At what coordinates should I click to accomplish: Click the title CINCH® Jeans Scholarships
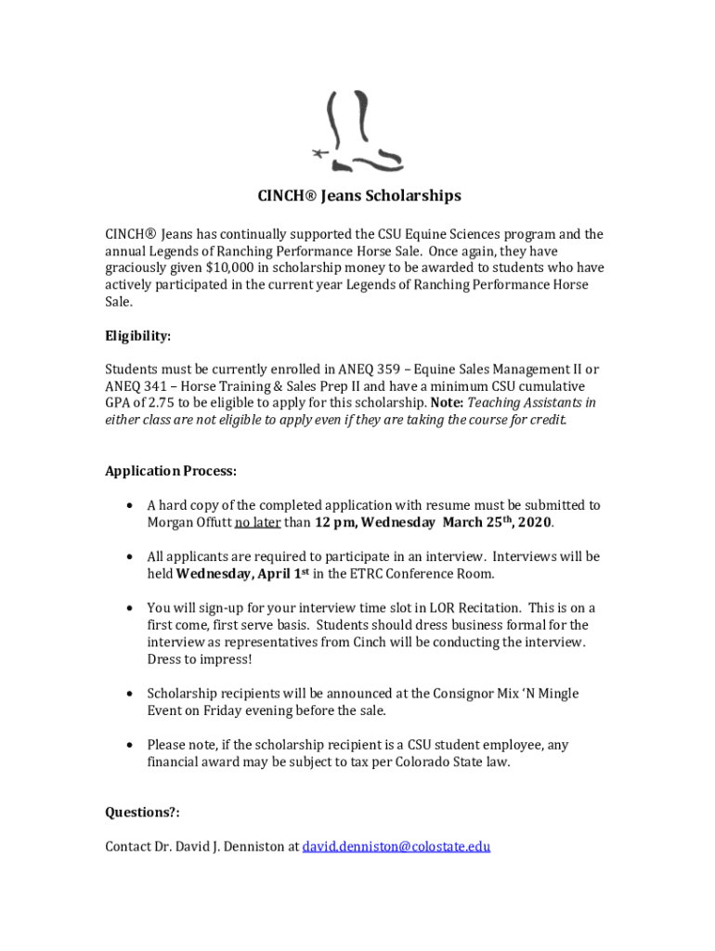click(x=358, y=197)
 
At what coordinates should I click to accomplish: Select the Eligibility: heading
click(x=137, y=336)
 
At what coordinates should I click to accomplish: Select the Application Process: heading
click(x=170, y=471)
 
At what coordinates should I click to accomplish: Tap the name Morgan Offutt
click(x=188, y=522)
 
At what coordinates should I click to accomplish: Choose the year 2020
click(x=534, y=522)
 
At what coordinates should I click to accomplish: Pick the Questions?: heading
click(x=142, y=813)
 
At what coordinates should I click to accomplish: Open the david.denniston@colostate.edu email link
click(x=396, y=847)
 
